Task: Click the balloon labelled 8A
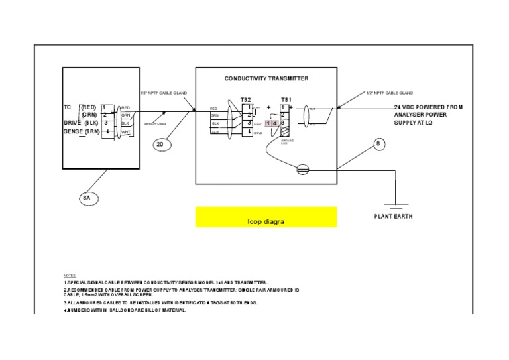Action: [x=87, y=197]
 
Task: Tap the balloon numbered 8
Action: [x=378, y=144]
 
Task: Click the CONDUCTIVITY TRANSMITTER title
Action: [x=266, y=78]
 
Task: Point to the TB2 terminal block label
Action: [x=245, y=99]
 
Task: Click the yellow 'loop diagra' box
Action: [x=266, y=217]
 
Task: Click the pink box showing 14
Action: [x=272, y=123]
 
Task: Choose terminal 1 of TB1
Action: [x=283, y=107]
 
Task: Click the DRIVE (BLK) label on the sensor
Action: [x=81, y=123]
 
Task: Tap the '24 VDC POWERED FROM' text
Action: [x=428, y=107]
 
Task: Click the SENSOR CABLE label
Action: [x=155, y=124]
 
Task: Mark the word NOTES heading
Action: [x=70, y=275]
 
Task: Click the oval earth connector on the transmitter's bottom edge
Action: [x=302, y=170]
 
